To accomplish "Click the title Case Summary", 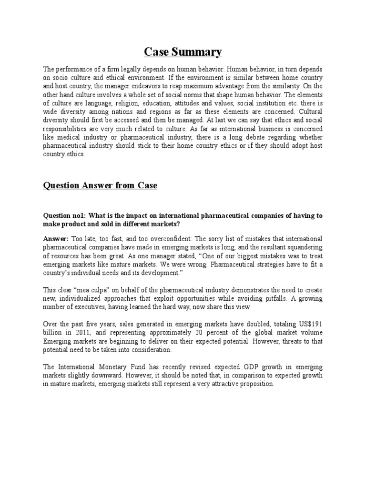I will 183,51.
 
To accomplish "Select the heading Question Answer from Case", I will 100,186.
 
